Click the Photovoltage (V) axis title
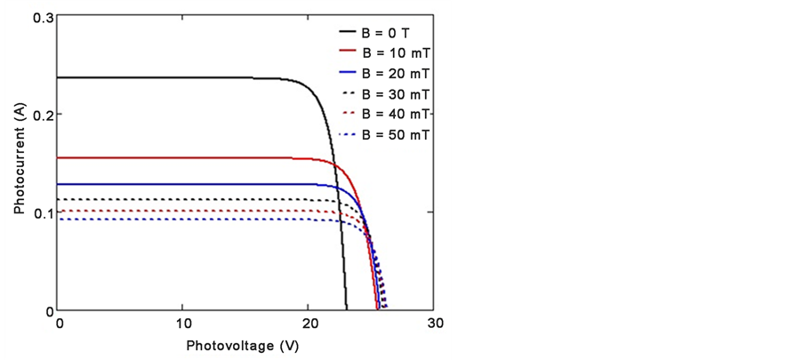[x=243, y=344]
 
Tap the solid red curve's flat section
[x=178, y=157]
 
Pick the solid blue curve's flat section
[x=178, y=184]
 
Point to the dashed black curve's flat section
[x=178, y=199]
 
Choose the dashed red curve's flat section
[x=178, y=211]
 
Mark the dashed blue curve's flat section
[x=178, y=220]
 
